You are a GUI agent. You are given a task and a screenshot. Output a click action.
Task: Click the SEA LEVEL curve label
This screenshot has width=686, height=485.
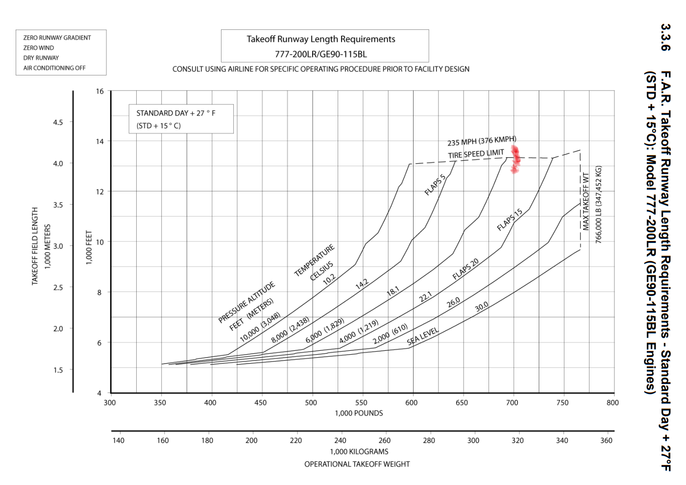point(422,336)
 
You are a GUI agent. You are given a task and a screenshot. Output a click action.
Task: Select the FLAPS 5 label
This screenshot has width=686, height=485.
point(435,185)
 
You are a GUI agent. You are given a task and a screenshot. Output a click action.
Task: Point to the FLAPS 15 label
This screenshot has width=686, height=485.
point(510,219)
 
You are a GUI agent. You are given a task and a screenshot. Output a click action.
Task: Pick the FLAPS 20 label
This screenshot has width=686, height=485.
point(465,269)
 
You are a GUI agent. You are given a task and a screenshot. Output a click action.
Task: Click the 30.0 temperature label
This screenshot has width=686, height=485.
point(481,307)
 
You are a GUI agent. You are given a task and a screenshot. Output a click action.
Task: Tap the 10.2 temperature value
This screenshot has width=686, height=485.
point(329,279)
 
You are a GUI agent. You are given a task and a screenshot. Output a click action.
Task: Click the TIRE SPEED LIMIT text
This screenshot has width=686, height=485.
point(476,154)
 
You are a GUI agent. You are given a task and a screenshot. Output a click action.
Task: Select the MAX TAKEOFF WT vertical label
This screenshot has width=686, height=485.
point(586,201)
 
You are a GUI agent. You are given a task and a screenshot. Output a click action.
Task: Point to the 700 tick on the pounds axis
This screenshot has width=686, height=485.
point(512,403)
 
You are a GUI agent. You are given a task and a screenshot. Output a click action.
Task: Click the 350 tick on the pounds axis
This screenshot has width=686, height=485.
point(160,403)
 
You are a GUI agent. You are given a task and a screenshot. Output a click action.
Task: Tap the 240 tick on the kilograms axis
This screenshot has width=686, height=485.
point(340,440)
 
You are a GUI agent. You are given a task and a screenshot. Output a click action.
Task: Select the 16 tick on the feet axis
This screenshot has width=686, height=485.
point(100,91)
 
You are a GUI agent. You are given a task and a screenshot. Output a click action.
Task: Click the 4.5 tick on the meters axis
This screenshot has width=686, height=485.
point(58,122)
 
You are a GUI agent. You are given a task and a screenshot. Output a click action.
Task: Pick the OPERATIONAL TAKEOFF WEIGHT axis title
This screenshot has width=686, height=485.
point(357,464)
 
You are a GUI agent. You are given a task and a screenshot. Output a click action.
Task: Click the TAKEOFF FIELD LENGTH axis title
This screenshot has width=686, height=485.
point(35,246)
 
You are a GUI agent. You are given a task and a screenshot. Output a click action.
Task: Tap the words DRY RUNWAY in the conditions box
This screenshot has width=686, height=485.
point(41,58)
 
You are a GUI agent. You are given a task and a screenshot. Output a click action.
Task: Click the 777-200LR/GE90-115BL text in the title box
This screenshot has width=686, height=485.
point(320,54)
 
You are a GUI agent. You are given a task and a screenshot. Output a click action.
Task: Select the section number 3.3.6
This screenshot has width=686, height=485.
point(665,37)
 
